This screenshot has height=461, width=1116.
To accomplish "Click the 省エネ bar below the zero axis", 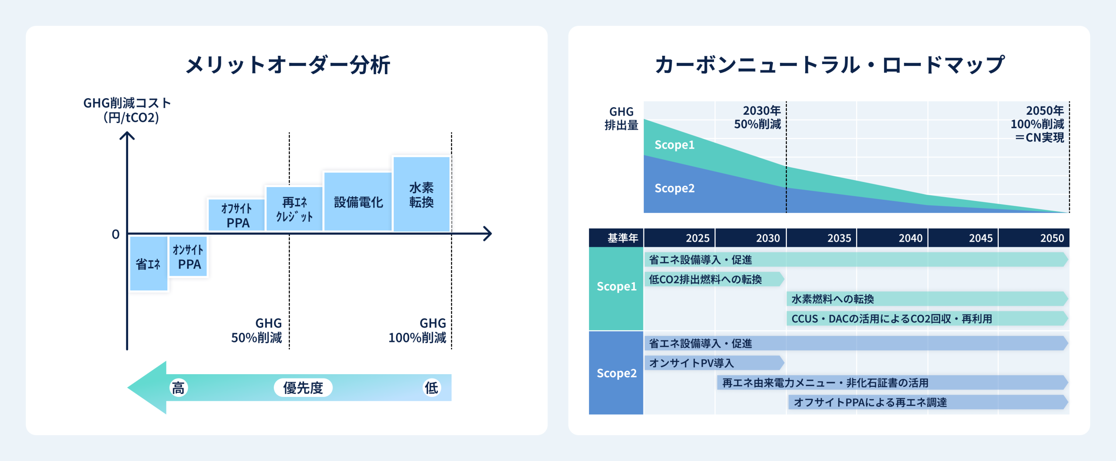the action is [149, 263].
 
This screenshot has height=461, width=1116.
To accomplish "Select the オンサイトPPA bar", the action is [188, 256].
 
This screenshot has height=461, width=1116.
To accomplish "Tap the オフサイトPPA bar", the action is [236, 215].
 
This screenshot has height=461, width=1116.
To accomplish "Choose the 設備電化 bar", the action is [358, 201].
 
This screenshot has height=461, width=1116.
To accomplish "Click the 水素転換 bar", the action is [422, 194].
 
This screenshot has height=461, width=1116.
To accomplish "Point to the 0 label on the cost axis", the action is [116, 234].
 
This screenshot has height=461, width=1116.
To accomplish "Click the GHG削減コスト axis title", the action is [127, 110].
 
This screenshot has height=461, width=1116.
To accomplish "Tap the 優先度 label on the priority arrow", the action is [303, 388].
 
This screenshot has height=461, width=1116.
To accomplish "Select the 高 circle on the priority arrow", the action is [178, 388].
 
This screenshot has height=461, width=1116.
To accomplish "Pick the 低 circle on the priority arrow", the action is [432, 388].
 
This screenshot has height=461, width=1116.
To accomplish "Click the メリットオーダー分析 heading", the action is [288, 65].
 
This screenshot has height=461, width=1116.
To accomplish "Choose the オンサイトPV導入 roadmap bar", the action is [715, 363].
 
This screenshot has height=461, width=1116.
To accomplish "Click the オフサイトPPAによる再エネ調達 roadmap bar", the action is [929, 402].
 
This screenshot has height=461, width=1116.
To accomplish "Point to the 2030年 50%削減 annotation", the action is [758, 117].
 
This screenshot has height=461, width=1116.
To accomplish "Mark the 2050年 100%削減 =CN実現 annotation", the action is [1038, 124].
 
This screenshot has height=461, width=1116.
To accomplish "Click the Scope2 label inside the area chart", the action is [674, 188].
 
